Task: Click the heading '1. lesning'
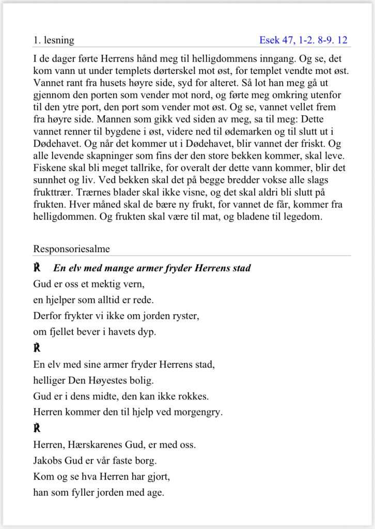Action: tap(54, 40)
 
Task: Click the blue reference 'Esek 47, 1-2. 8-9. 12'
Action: tap(303, 40)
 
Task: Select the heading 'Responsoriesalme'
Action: tap(71, 249)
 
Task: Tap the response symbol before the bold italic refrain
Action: tap(37, 268)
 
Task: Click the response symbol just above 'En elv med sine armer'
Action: tap(37, 348)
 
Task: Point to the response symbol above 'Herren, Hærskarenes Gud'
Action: tap(37, 428)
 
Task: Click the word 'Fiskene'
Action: tap(50, 168)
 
